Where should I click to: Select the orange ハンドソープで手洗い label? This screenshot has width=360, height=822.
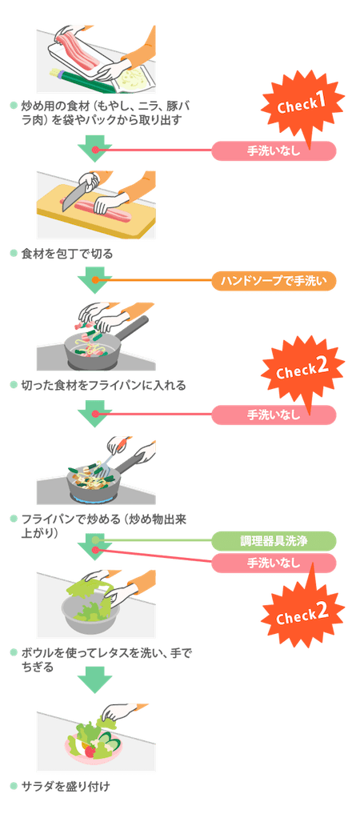[274, 281]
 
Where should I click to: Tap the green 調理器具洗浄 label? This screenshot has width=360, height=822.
[274, 540]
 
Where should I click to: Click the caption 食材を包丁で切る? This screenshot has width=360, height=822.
[66, 255]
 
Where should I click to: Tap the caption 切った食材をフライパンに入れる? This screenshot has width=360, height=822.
[103, 386]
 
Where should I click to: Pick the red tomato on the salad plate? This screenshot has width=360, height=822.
[90, 751]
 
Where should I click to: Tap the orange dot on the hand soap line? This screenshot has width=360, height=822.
[95, 280]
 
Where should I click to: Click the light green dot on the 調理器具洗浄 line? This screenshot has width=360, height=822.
[95, 540]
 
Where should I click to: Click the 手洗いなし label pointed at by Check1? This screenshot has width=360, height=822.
[274, 151]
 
